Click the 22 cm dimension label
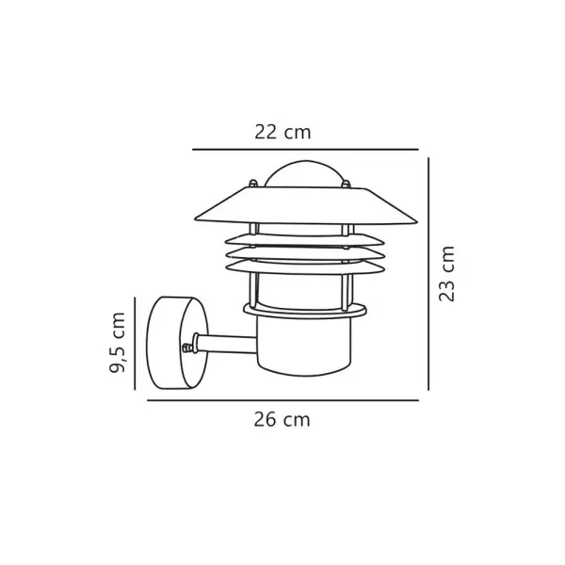[282, 132]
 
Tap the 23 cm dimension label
[446, 273]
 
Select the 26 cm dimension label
[282, 420]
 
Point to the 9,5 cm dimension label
[118, 343]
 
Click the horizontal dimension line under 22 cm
[305, 149]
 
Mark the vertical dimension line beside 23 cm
[428, 274]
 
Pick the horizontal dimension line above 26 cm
[282, 400]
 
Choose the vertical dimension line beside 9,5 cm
[135, 344]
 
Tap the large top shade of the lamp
[306, 205]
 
